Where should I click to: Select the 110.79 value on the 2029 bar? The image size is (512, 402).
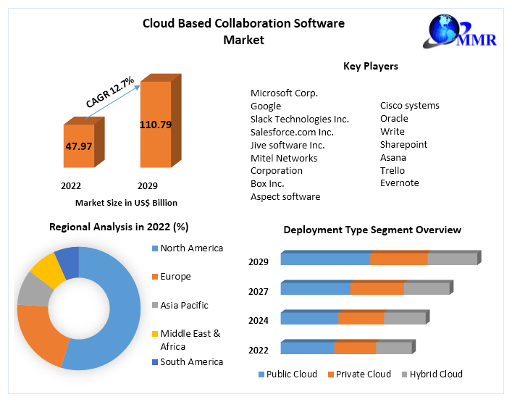(156, 125)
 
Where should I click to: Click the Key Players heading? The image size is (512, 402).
(370, 67)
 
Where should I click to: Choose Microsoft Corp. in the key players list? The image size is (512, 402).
(284, 93)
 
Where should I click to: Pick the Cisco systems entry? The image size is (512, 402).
(409, 106)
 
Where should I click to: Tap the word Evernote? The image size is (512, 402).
(399, 183)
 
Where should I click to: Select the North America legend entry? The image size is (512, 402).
(191, 248)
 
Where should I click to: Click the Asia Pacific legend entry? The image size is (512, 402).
(184, 305)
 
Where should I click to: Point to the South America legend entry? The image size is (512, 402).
(191, 361)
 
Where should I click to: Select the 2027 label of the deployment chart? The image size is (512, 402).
(259, 291)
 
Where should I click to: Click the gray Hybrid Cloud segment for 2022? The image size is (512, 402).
(393, 348)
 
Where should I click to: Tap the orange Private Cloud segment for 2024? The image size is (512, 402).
(361, 318)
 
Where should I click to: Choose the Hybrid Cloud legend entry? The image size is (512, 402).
(435, 374)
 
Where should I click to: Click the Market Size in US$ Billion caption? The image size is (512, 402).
(126, 203)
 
